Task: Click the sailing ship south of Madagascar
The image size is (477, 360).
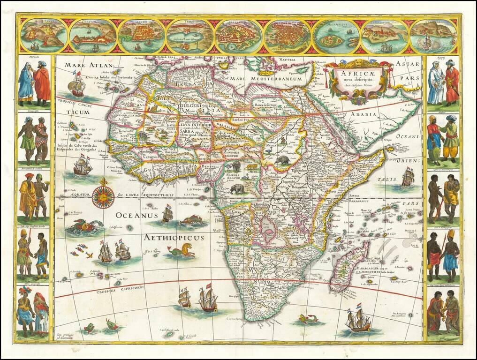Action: pos(357,319)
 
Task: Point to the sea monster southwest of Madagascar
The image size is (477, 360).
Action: pos(308,319)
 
